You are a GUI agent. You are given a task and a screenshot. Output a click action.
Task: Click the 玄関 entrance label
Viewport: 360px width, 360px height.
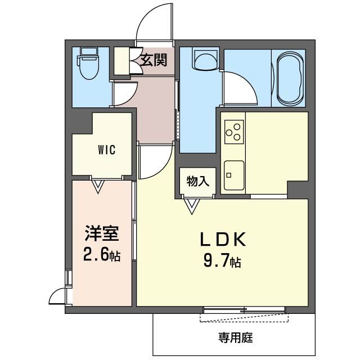point(154,60)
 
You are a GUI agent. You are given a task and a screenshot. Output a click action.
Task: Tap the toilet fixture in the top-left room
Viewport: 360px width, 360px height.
point(88,65)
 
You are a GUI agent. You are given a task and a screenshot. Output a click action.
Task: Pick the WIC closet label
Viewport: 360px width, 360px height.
point(107,150)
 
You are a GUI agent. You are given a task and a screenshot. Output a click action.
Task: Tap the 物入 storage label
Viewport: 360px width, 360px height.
point(198,181)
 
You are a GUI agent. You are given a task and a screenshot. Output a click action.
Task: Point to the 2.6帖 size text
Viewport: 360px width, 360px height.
point(101,255)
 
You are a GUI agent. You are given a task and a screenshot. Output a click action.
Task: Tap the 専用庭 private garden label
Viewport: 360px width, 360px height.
point(236,338)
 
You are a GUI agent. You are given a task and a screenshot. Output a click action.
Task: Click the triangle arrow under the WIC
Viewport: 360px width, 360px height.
point(99,186)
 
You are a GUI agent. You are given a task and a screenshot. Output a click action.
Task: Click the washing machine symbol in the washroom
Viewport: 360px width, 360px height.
point(205,58)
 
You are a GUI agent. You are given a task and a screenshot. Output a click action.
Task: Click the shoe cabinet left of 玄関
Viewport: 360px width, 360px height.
point(122,61)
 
